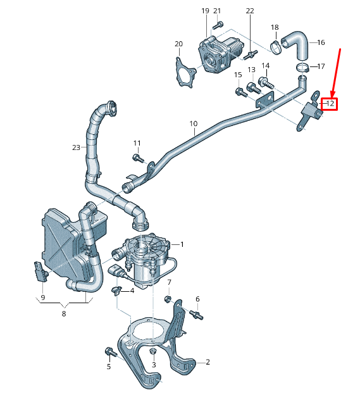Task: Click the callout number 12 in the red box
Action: [330, 103]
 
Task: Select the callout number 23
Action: [77, 147]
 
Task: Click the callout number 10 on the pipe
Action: [193, 124]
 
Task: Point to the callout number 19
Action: [205, 11]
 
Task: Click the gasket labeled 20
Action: [184, 71]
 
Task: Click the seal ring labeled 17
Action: [302, 66]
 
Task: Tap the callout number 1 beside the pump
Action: [182, 244]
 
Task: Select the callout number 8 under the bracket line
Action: [64, 312]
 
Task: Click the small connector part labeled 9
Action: [41, 273]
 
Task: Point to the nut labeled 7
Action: [169, 299]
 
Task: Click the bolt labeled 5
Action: [108, 351]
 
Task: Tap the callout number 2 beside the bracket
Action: [208, 362]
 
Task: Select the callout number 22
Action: [250, 11]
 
